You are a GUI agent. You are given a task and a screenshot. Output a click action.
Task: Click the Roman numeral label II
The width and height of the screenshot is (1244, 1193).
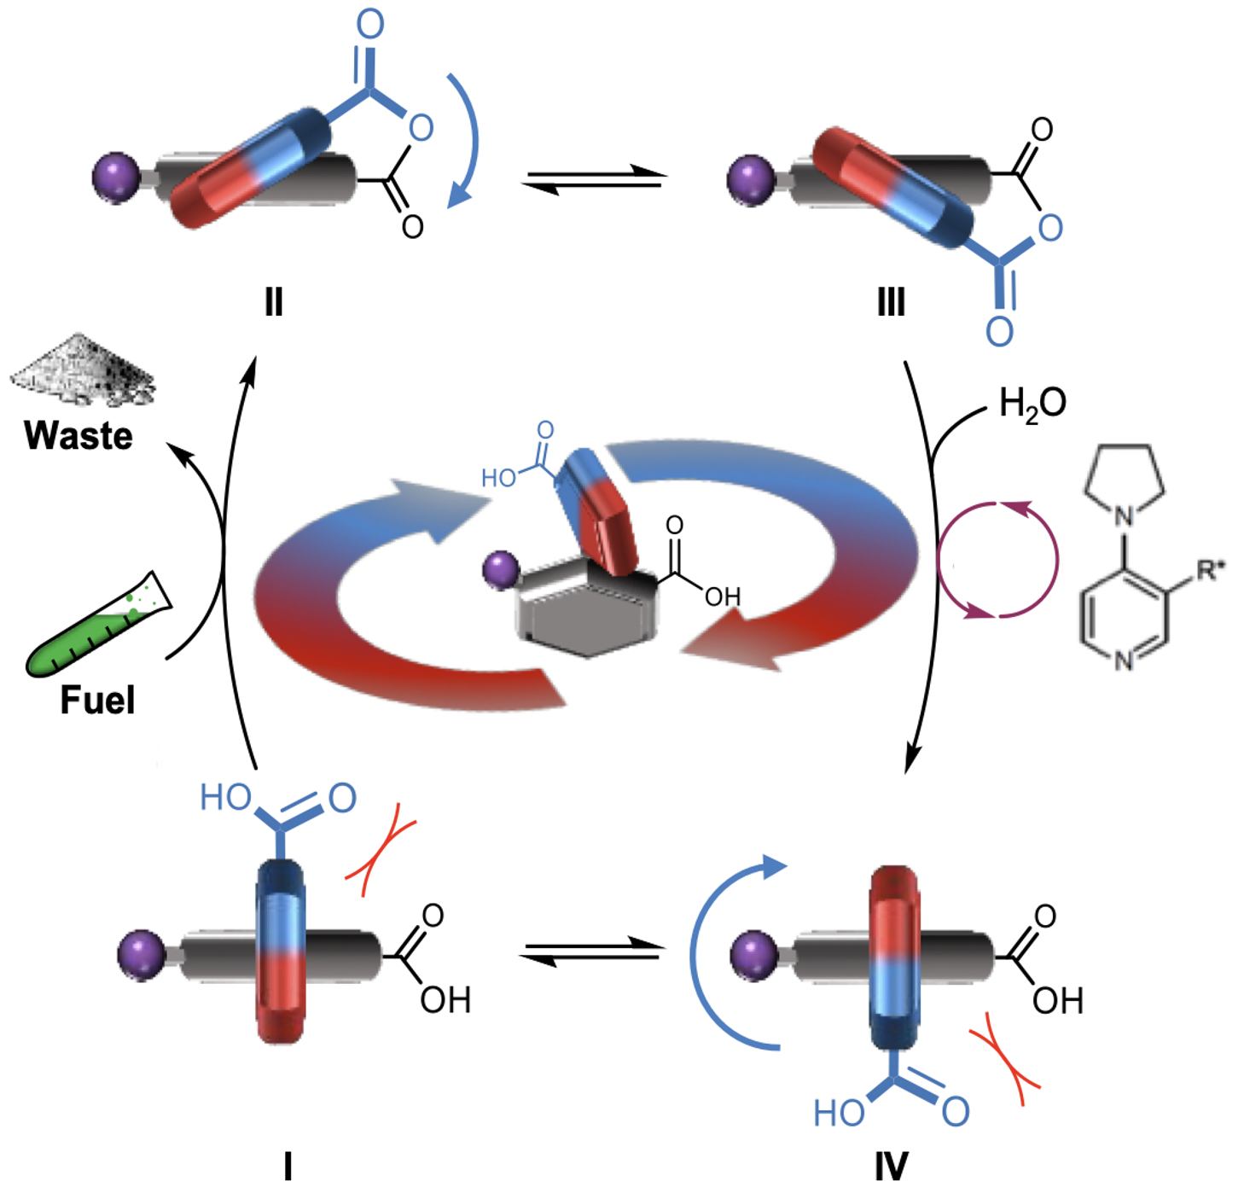(273, 302)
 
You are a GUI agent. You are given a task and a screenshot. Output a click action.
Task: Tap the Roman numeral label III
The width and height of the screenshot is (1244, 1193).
(891, 302)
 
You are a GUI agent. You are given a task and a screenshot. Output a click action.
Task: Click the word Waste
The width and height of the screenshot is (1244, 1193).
(78, 435)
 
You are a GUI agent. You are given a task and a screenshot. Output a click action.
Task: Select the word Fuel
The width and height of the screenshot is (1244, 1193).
(97, 700)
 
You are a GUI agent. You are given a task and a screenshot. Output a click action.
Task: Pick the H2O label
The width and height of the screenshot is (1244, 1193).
(1032, 402)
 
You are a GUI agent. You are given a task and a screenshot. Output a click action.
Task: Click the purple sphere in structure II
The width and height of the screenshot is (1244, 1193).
(115, 177)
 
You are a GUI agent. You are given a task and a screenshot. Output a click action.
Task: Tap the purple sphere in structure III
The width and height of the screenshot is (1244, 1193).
(750, 179)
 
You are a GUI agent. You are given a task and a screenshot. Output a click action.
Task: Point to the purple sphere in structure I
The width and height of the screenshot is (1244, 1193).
(141, 956)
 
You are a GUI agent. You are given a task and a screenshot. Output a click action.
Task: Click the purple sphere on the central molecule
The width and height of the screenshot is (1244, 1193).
(500, 569)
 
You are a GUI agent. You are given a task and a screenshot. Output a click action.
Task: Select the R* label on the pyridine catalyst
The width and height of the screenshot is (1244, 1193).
(1210, 570)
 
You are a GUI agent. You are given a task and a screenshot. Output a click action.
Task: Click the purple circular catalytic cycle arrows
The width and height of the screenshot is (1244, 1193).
(997, 560)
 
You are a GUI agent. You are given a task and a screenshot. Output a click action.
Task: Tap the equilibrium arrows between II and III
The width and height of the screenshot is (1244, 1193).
(595, 179)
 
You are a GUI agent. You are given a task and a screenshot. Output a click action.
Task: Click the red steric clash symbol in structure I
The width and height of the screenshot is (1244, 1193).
(381, 849)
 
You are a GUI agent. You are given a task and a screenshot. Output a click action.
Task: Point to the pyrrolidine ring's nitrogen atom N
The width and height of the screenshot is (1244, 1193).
(1124, 515)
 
